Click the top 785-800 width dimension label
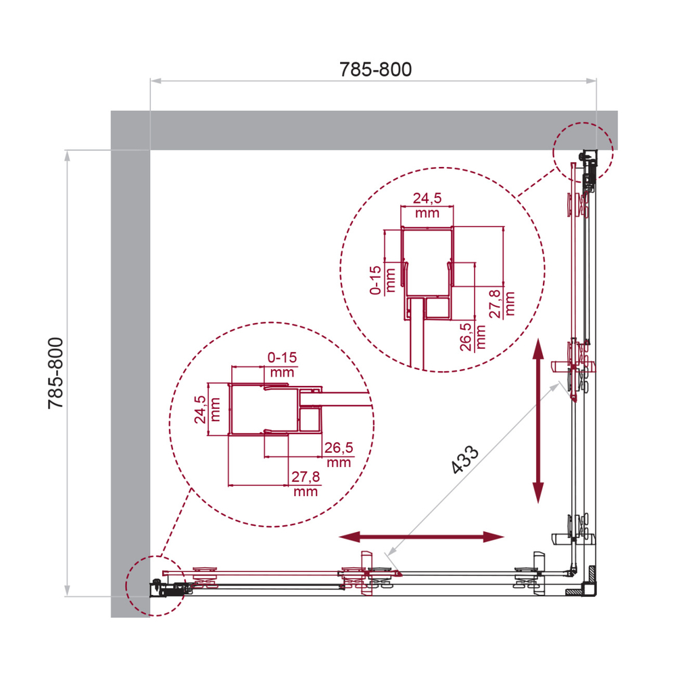point(375,70)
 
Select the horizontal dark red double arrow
point(421,537)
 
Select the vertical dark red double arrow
point(538,420)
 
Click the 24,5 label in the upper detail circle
point(427,206)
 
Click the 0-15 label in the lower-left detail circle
point(282,364)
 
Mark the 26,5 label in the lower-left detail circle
point(339,454)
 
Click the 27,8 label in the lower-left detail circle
point(306,484)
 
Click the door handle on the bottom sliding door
point(366,573)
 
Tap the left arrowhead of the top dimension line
point(153,82)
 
